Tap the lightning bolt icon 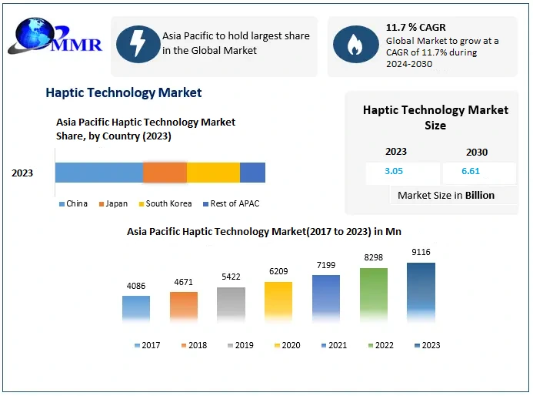click(x=138, y=44)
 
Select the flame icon click(x=355, y=44)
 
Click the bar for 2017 click(x=136, y=307)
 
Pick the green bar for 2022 click(x=374, y=294)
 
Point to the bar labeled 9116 click(x=421, y=291)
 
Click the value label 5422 click(x=231, y=277)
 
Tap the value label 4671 click(x=183, y=283)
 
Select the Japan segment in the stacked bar click(x=165, y=173)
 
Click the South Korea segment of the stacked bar click(x=213, y=173)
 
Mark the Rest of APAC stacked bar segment click(x=252, y=173)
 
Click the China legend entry click(x=73, y=204)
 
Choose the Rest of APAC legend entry click(x=233, y=204)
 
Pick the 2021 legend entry click(x=333, y=345)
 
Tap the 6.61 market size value click(x=470, y=172)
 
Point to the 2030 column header click(x=477, y=152)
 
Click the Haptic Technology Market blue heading click(x=124, y=92)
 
